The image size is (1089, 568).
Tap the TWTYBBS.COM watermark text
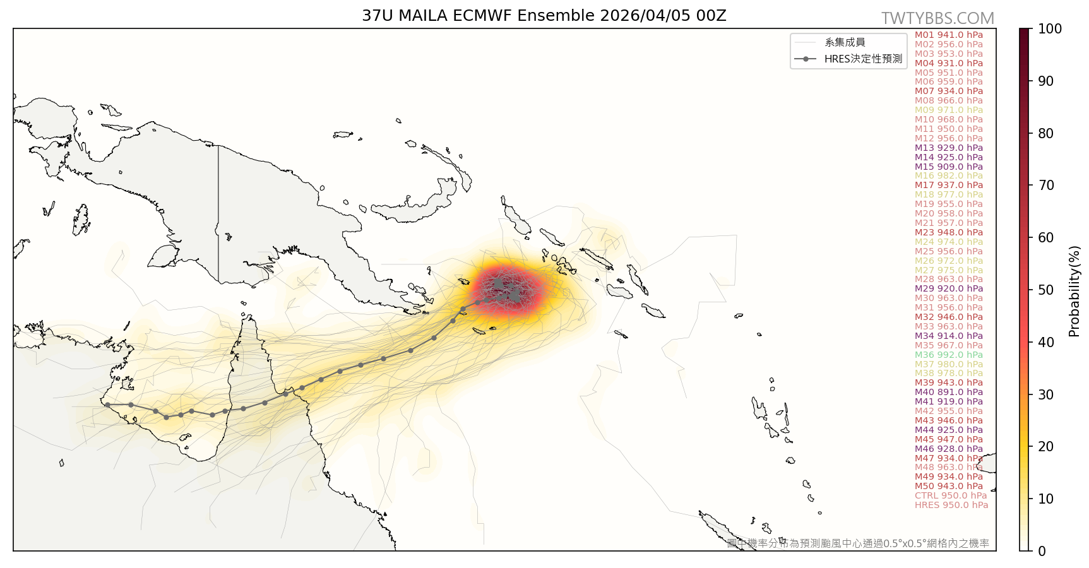[937, 18]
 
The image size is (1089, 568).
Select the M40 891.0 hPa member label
[948, 392]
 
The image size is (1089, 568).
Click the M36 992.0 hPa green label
[948, 355]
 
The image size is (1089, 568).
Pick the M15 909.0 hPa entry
[948, 167]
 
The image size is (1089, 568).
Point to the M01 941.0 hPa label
[948, 35]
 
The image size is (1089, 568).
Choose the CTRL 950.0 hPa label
[950, 495]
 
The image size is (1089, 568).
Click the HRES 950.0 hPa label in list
[951, 505]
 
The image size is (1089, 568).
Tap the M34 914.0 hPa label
[948, 336]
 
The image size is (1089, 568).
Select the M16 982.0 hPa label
[948, 175]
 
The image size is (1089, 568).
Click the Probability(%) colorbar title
[1074, 291]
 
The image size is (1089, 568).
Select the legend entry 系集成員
[845, 42]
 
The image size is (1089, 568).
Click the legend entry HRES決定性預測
[863, 59]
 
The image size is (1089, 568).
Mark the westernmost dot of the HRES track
[107, 405]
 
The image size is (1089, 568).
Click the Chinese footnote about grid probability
[858, 543]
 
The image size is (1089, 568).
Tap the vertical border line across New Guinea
[218, 215]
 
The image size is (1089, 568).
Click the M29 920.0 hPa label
[948, 288]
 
